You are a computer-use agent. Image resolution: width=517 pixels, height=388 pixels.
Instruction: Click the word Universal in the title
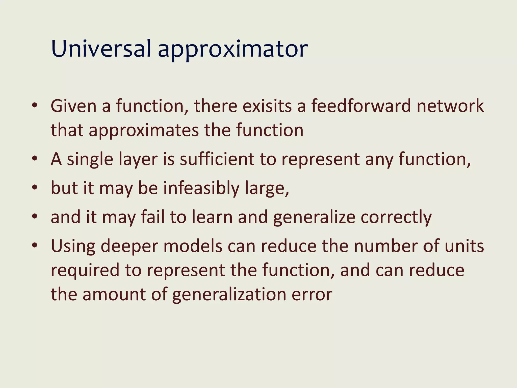(x=101, y=48)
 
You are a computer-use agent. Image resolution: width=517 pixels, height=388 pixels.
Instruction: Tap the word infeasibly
(x=201, y=188)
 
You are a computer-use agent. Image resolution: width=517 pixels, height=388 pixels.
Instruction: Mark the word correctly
(x=396, y=217)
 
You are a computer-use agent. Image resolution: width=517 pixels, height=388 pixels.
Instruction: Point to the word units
(x=464, y=246)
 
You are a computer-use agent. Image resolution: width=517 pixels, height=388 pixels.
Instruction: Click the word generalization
(x=229, y=295)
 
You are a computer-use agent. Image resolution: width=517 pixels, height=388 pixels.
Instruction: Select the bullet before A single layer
(x=35, y=159)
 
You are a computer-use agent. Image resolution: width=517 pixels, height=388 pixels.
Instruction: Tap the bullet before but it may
(x=35, y=188)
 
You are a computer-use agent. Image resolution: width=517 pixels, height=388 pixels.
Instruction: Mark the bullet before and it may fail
(x=35, y=216)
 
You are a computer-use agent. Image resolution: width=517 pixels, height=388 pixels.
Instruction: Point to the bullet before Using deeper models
(x=35, y=245)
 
